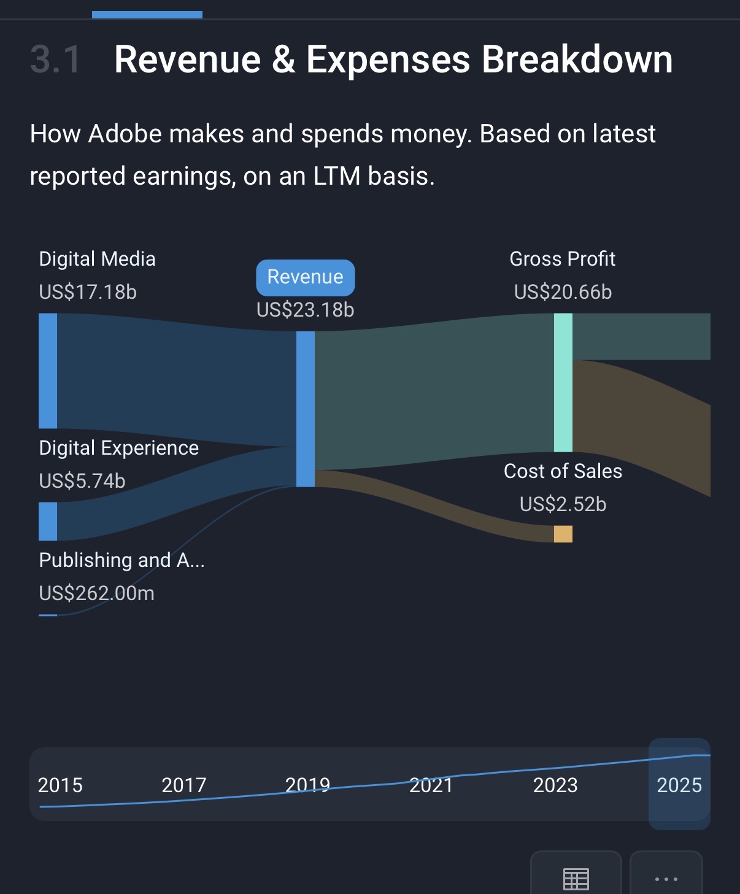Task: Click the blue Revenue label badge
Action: [305, 277]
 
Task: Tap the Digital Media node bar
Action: [48, 371]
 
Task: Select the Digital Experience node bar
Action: [48, 522]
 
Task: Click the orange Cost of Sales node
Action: [563, 534]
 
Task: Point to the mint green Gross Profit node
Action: [563, 382]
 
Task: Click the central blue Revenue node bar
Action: [305, 409]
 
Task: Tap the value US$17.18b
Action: [88, 292]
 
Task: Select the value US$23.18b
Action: [305, 310]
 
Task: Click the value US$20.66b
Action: [563, 292]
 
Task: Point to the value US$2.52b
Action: [563, 504]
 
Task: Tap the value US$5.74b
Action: [82, 481]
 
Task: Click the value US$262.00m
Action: [96, 593]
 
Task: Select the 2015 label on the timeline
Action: [60, 785]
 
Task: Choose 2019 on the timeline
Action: [307, 785]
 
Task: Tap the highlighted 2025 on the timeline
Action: [679, 785]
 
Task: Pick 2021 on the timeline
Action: [431, 785]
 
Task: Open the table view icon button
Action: [576, 878]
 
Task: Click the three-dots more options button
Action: [666, 878]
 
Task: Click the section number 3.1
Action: [55, 60]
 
